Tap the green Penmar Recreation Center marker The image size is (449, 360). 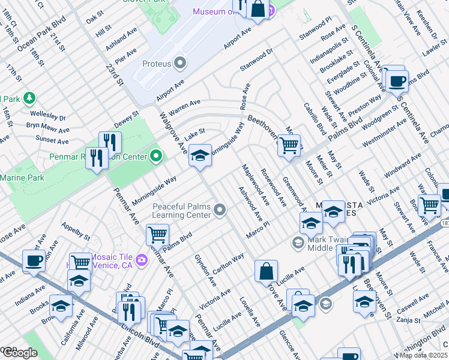click(156, 157)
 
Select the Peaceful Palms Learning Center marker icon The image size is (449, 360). click(220, 210)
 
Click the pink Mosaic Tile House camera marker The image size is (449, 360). click(142, 259)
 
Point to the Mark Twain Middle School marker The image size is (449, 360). click(297, 242)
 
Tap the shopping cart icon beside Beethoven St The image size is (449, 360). click(289, 145)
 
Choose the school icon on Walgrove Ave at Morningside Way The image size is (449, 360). click(200, 155)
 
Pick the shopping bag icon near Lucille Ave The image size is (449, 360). click(266, 271)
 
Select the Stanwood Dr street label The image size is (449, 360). click(256, 59)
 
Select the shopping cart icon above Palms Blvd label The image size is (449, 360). click(157, 233)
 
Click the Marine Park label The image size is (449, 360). click(22, 178)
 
